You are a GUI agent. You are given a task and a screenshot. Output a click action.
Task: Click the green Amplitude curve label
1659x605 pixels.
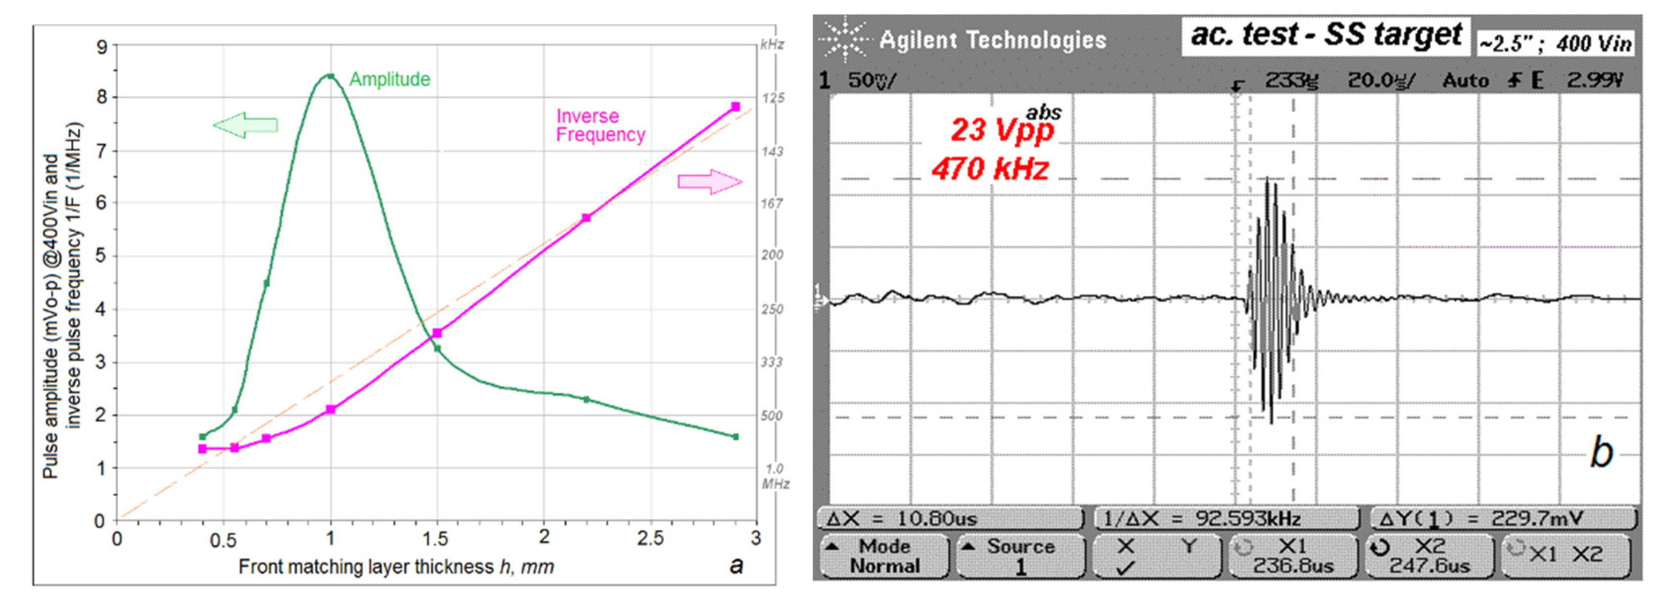[x=389, y=79]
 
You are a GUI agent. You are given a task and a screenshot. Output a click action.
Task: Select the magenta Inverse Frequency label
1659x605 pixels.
[x=600, y=125]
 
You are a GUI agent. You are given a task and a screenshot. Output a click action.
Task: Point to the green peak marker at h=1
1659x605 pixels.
[x=330, y=76]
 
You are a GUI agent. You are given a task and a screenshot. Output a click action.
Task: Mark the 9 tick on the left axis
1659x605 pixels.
[x=102, y=47]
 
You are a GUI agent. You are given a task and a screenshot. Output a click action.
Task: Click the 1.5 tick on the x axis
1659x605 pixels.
[x=436, y=538]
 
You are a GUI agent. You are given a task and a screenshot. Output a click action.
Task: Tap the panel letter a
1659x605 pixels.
[x=736, y=565]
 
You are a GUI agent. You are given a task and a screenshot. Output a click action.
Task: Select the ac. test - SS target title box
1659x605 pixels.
[x=1325, y=36]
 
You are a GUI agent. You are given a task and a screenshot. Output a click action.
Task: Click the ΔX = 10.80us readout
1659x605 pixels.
[x=951, y=518]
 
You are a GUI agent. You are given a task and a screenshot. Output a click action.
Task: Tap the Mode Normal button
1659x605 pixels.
[x=884, y=556]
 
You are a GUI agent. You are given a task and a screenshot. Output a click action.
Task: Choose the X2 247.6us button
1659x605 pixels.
[x=1429, y=556]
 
